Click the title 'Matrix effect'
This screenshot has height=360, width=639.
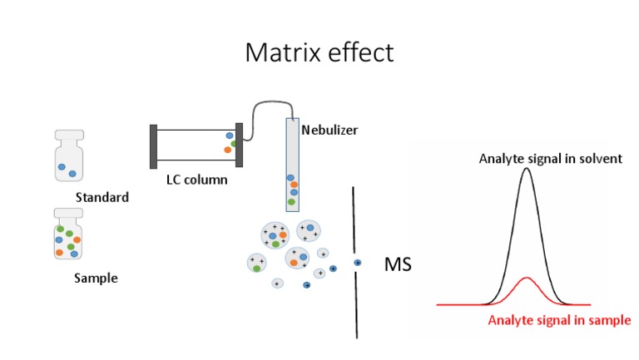[x=319, y=52]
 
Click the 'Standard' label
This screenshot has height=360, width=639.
[x=102, y=198]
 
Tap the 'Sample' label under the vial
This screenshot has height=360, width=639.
[x=96, y=279]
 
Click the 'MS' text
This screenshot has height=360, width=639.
[x=398, y=265]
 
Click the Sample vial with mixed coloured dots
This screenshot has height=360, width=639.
[x=67, y=236]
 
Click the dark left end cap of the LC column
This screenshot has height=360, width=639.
[x=153, y=145]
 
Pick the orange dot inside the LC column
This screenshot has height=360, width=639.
[x=227, y=150]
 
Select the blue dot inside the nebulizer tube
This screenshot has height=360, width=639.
[x=290, y=176]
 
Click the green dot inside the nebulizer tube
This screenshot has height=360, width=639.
[x=291, y=201]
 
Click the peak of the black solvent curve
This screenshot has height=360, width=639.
[x=525, y=170]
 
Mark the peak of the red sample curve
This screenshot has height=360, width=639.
[x=527, y=278]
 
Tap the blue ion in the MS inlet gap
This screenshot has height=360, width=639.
[x=358, y=263]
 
